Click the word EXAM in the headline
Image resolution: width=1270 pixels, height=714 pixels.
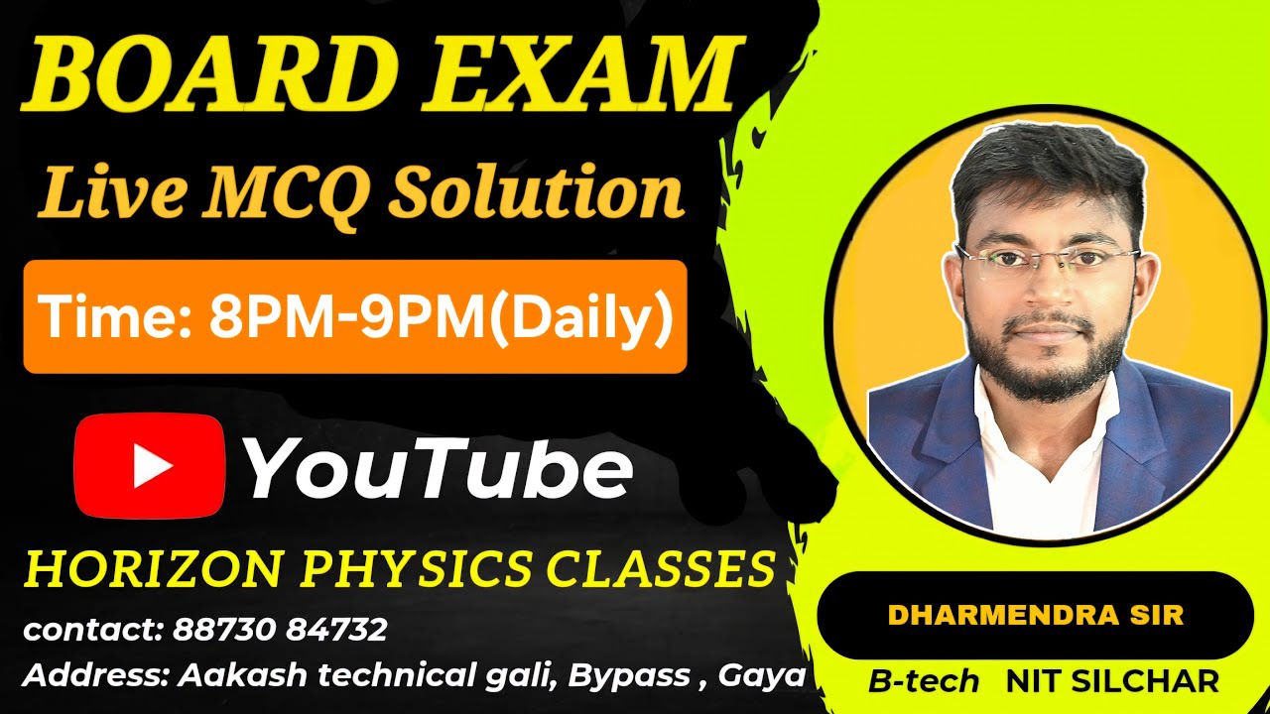[585, 76]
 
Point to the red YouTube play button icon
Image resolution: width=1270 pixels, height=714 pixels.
[150, 466]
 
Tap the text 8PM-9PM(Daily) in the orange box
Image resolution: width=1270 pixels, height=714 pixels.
[441, 317]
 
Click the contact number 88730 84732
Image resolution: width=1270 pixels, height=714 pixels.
[280, 629]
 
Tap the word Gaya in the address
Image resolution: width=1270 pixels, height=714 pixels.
[761, 676]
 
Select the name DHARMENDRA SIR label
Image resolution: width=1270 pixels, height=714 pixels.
[1035, 615]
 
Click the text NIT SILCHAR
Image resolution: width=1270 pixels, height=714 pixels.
[1111, 681]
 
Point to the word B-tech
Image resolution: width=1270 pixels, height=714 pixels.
[924, 681]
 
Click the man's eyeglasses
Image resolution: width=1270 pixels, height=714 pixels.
[1048, 261]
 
